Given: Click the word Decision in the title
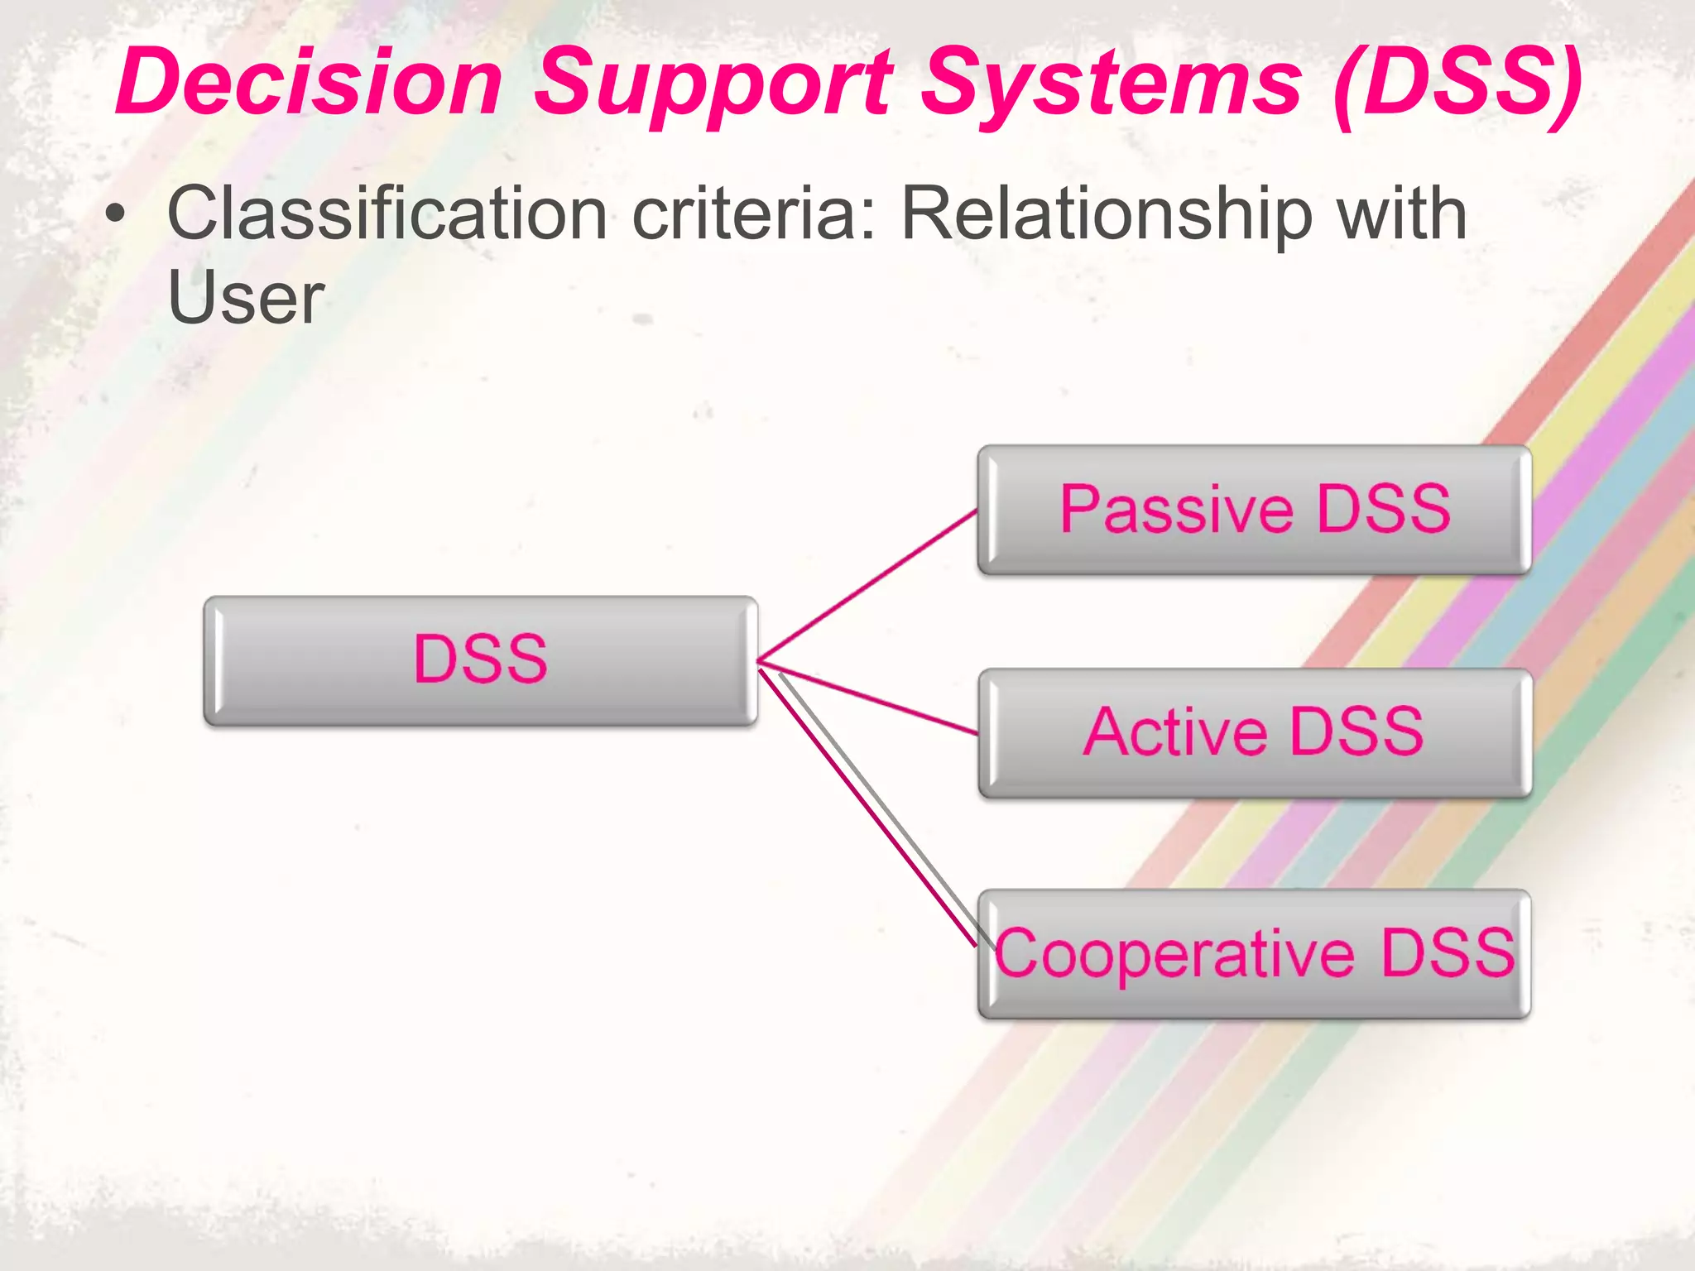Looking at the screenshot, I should pos(310,83).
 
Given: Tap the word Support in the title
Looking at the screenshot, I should pos(713,83).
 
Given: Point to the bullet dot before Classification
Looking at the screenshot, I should pos(117,214).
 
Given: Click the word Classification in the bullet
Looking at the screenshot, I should pos(387,214).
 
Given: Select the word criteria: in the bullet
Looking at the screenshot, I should pos(754,214).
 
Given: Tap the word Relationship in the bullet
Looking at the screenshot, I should pos(1106,214).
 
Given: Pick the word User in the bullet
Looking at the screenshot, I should pos(246,298).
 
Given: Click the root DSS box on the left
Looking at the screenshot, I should pos(480,660).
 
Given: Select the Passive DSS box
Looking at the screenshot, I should pos(1254,510).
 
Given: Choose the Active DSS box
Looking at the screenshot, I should pos(1254,733).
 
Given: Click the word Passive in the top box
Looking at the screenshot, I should pos(1176,510).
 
